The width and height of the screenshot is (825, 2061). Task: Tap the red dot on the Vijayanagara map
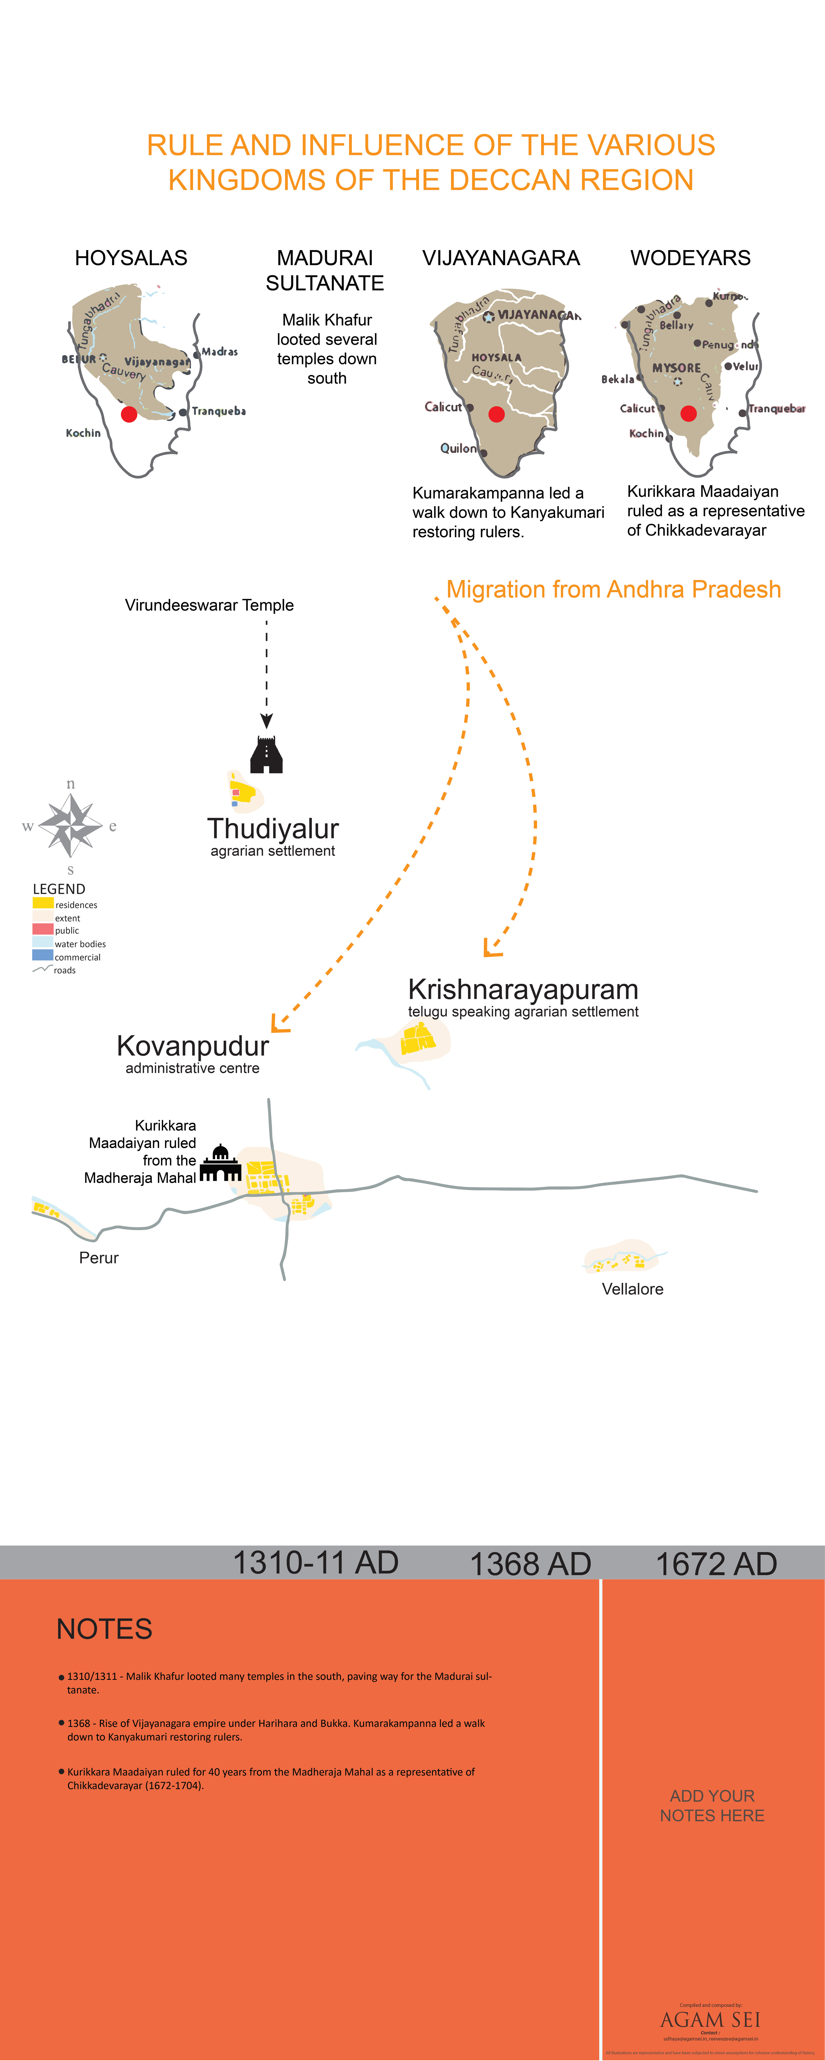pos(496,414)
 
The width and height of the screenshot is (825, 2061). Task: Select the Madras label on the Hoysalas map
pos(219,351)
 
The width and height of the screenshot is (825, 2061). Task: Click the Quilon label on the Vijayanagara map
pos(458,448)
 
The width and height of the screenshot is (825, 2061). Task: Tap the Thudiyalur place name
pos(273,828)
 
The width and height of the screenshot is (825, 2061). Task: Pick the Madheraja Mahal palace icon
pos(220,1164)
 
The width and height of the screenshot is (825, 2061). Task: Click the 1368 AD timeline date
pos(530,1563)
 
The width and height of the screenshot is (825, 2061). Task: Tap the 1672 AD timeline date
pos(716,1563)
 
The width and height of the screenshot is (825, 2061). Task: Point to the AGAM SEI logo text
pos(710,2019)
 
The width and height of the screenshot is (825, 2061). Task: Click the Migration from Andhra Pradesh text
pos(613,590)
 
